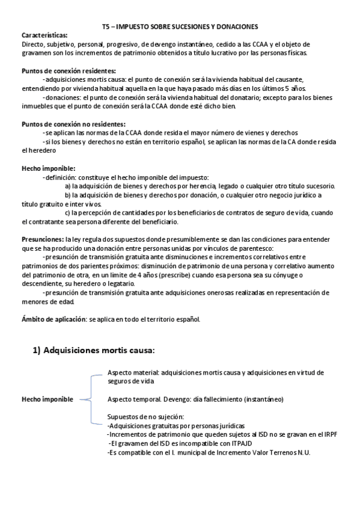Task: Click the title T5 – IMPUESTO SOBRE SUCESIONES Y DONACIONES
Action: [x=180, y=27]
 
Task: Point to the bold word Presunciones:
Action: [x=42, y=239]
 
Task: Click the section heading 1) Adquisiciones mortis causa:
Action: [x=94, y=350]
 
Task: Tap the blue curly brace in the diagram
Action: [x=90, y=399]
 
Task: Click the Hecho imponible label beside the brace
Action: [x=47, y=399]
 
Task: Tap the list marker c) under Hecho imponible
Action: [x=67, y=212]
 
